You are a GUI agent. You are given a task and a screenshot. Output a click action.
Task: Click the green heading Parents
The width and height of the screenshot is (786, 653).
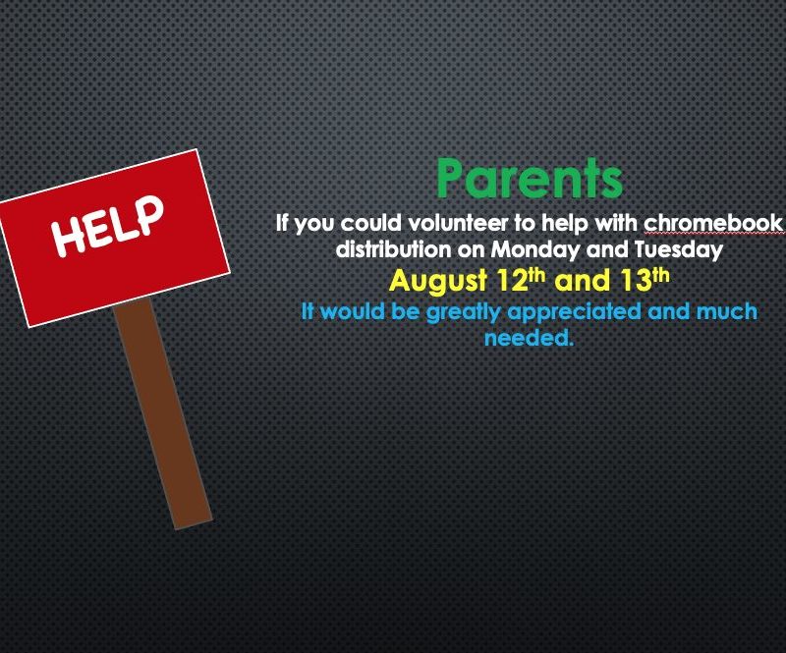530,179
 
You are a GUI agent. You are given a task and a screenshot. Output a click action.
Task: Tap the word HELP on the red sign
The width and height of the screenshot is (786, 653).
108,225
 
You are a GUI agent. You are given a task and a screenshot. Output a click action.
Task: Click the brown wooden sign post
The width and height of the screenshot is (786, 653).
163,412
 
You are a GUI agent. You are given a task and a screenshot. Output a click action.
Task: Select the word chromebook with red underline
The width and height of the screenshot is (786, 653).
713,224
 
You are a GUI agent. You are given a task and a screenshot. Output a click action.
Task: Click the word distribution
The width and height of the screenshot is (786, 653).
393,249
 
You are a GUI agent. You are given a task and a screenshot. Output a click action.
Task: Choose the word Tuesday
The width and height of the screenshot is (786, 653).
679,250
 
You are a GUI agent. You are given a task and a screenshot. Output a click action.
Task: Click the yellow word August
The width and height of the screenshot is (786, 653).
438,281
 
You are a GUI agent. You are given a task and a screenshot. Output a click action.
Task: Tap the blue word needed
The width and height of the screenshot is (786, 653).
529,338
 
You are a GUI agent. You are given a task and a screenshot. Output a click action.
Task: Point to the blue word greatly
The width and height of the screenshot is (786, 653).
463,312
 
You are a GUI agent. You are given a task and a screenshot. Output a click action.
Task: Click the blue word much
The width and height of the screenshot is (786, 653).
727,311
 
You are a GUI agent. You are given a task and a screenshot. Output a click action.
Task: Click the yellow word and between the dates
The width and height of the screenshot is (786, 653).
583,281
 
